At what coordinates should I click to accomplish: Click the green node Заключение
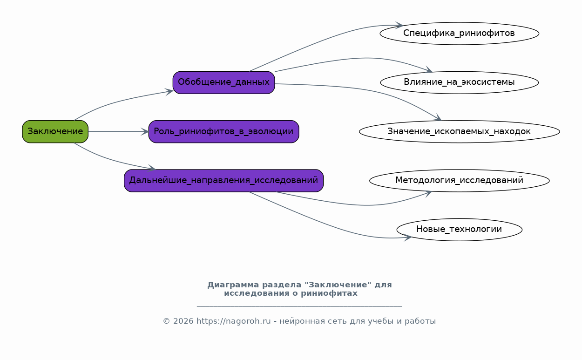(55, 131)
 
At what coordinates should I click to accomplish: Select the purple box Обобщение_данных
(223, 82)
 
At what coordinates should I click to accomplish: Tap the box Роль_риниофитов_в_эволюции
(223, 131)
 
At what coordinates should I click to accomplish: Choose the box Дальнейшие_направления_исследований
(223, 181)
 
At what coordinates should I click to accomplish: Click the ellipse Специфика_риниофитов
(460, 33)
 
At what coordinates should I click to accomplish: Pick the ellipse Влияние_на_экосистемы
(460, 82)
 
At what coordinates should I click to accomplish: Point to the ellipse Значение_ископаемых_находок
(460, 131)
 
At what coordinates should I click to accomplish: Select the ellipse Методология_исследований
(460, 181)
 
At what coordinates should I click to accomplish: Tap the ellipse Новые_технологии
(460, 230)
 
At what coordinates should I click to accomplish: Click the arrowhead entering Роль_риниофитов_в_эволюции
(145, 131)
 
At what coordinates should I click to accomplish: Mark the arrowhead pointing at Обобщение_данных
(169, 91)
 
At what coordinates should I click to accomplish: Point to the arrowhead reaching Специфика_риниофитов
(399, 25)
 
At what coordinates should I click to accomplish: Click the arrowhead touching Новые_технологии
(408, 238)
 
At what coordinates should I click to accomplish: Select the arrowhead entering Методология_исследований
(428, 193)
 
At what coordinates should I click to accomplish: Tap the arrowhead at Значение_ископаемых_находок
(438, 118)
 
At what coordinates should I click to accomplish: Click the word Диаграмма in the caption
(233, 285)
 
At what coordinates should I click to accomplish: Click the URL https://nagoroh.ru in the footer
(234, 321)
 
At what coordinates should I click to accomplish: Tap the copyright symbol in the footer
(166, 321)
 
